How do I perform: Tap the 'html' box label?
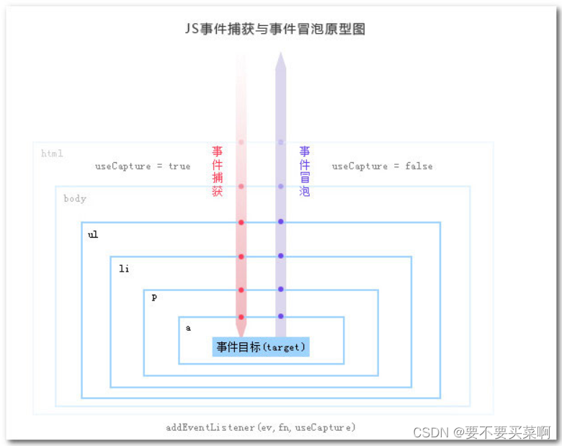(x=52, y=153)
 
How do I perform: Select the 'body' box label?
(x=75, y=198)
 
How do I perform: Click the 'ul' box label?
(x=93, y=235)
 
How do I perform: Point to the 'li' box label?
(x=124, y=269)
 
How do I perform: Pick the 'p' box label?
(x=154, y=297)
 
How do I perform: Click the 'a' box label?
(x=189, y=328)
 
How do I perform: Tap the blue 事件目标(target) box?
(x=261, y=347)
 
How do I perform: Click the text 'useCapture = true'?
(x=143, y=166)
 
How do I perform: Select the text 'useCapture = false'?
(x=382, y=166)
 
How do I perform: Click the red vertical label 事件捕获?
(x=218, y=171)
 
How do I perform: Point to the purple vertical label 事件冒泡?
(x=305, y=171)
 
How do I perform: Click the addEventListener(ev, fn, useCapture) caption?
(x=261, y=427)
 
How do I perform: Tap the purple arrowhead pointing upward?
(x=280, y=61)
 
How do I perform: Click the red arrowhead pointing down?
(x=241, y=330)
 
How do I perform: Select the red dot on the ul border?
(x=241, y=222)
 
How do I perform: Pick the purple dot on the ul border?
(x=281, y=221)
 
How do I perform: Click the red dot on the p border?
(x=241, y=290)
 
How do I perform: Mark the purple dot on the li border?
(x=281, y=256)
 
